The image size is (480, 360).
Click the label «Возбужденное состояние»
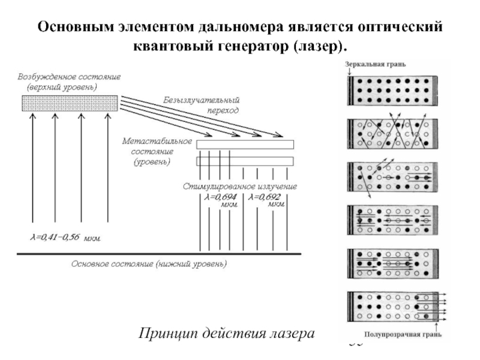pos(70,77)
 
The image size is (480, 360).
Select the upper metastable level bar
pos(245,144)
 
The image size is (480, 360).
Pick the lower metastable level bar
pos(245,161)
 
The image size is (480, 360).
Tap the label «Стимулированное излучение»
pos(240,187)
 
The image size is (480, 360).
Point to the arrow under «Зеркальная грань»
pos(349,72)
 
